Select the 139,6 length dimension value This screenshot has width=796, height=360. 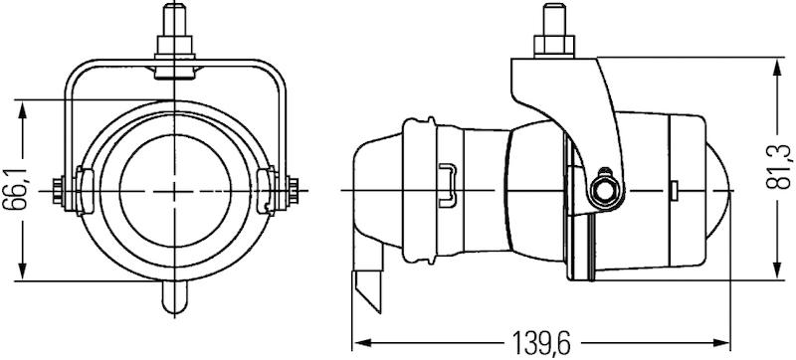coord(542,343)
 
